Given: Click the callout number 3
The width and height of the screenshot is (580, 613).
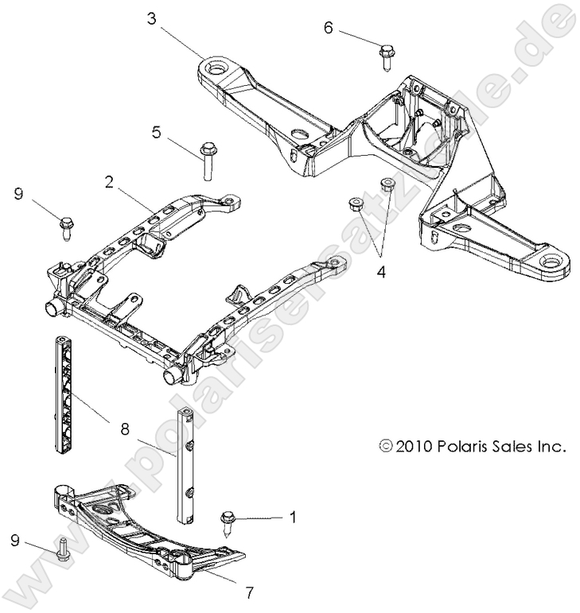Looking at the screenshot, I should (152, 17).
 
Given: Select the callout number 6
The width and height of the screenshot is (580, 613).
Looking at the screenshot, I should (328, 27).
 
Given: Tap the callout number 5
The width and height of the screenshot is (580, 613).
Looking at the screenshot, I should (157, 132).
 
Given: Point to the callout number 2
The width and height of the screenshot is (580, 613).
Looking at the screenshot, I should (107, 182).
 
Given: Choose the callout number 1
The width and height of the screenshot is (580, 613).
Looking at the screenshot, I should (293, 518).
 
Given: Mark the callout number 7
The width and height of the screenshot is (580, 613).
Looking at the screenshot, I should (248, 592).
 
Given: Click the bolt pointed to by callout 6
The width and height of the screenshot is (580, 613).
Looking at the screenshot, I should (386, 56).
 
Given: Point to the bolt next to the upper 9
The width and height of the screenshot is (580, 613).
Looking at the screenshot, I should (65, 224).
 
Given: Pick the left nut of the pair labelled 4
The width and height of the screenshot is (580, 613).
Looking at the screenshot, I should (356, 205).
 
